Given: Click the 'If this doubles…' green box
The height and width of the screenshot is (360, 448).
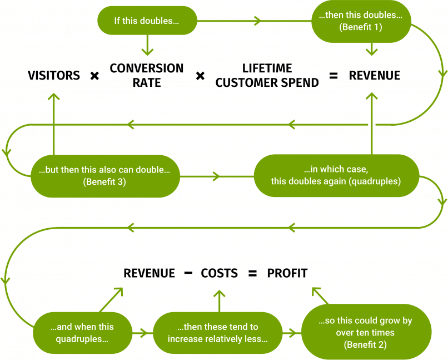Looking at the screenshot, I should (x=147, y=21).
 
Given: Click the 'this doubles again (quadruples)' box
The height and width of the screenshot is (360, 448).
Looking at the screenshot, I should (x=336, y=176).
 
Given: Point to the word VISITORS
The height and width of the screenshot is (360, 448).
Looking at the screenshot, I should (x=54, y=76).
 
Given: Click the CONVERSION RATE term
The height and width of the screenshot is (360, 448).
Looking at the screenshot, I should (x=147, y=75).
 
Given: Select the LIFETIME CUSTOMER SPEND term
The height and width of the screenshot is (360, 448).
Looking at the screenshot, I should (x=267, y=76).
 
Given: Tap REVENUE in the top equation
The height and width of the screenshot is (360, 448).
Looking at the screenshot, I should (x=374, y=76).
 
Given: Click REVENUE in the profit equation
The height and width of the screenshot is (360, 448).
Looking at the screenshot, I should (x=149, y=273).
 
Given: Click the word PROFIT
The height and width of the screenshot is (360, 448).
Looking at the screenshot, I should (x=287, y=273).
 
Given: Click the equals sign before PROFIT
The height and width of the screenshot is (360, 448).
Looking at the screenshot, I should (x=253, y=273).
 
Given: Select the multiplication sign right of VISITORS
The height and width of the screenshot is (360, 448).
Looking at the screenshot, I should (x=94, y=76).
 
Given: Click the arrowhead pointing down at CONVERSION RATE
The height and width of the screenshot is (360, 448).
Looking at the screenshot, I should (x=147, y=52).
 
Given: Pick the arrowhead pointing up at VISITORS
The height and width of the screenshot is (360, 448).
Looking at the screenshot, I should (x=54, y=97).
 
